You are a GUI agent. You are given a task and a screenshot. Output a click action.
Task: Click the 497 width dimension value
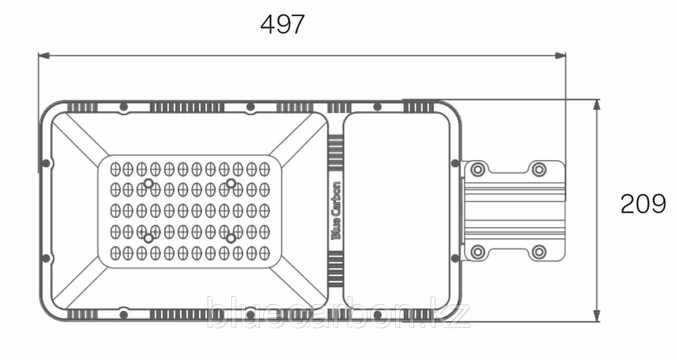(283, 24)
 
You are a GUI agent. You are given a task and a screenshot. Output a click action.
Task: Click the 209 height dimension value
(643, 204)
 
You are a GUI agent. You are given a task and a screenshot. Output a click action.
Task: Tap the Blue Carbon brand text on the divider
(336, 211)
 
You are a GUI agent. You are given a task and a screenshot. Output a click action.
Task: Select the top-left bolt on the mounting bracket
(477, 169)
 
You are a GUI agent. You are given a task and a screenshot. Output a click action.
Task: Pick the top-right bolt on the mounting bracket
(539, 169)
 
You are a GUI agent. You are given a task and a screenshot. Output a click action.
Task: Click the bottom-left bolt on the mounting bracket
(477, 251)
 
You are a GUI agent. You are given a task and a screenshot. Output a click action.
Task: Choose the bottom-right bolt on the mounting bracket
(539, 251)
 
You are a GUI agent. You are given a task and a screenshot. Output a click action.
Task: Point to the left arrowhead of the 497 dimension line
(44, 56)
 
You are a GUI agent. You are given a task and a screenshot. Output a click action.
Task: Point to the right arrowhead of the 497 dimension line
(560, 56)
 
